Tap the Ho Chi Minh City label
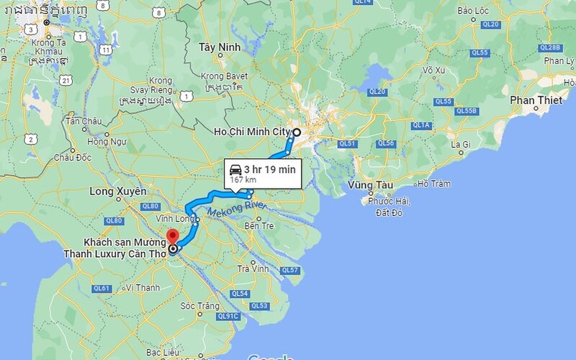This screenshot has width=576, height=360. [x=252, y=132]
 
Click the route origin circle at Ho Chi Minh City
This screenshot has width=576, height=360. [x=297, y=132]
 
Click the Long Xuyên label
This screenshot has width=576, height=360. [x=117, y=192]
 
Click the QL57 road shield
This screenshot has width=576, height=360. [x=289, y=270]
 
